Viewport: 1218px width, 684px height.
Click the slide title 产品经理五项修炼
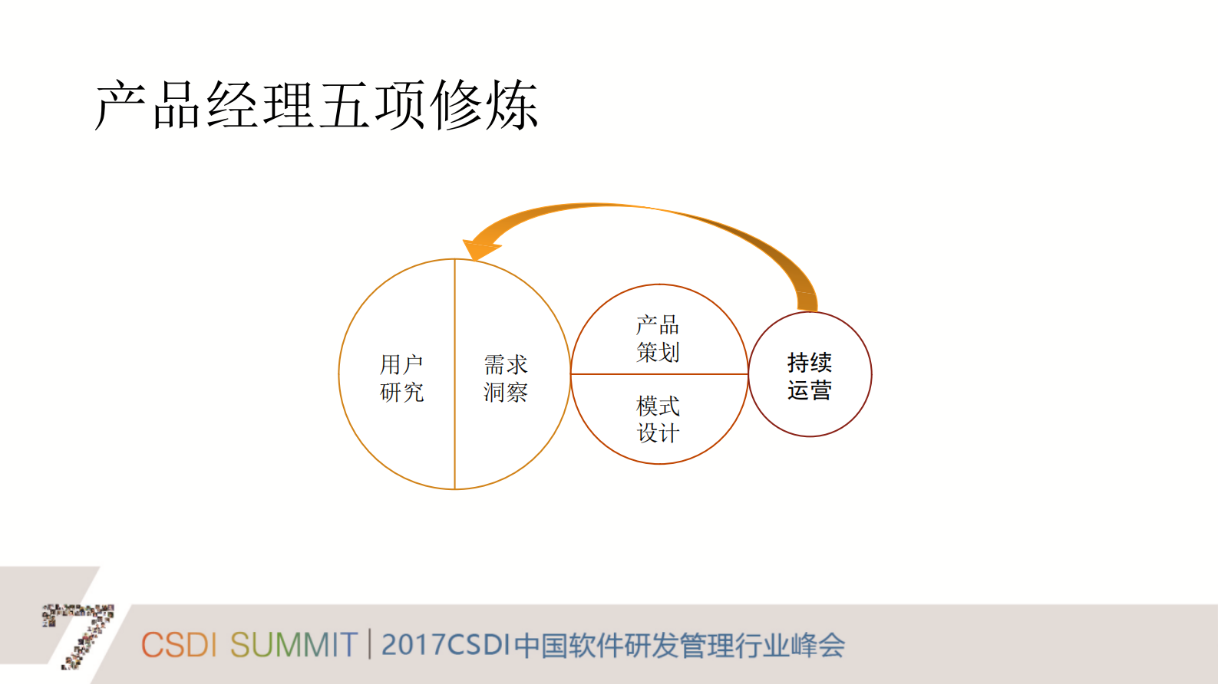316,105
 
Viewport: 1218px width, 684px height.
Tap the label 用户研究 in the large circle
401,378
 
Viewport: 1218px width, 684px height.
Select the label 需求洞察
506,378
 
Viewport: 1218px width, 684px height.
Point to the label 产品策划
658,338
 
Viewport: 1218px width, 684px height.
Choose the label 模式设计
658,419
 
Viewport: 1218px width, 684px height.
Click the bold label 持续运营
810,376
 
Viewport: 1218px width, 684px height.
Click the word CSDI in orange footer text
179,645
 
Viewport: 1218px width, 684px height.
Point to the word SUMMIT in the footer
293,645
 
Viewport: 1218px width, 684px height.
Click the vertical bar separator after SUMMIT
370,644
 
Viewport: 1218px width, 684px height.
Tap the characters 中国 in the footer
541,645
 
